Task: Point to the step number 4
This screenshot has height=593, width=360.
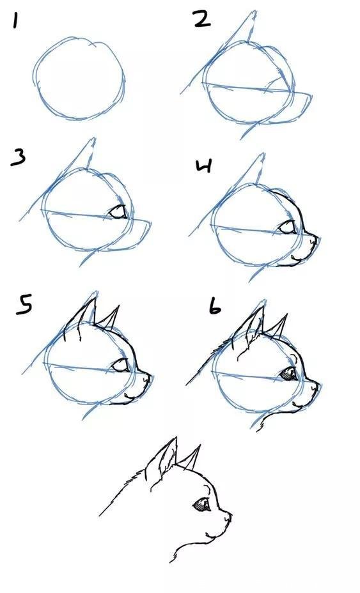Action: pyautogui.click(x=204, y=167)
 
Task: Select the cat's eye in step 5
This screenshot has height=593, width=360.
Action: pyautogui.click(x=120, y=366)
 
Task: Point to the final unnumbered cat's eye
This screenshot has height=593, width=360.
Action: pyautogui.click(x=202, y=505)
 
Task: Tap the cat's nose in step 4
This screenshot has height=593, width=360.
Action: pyautogui.click(x=315, y=238)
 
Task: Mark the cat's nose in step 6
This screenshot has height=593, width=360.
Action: pyautogui.click(x=315, y=384)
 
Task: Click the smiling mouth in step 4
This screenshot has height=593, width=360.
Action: pyautogui.click(x=295, y=258)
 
